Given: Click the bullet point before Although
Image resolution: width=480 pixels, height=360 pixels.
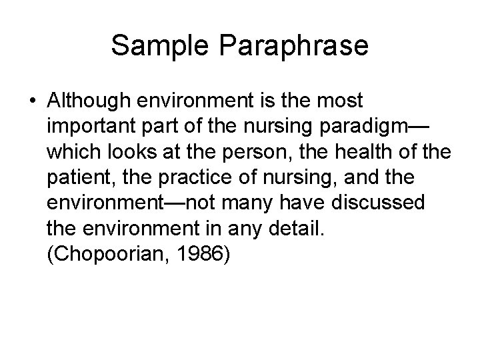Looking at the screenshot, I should coord(32,102).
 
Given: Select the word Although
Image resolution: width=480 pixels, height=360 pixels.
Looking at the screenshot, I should coord(89,101).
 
